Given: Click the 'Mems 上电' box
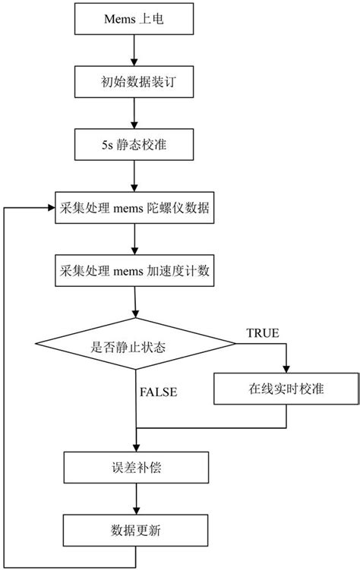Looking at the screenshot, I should click(134, 18).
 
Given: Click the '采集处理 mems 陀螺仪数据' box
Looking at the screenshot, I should click(134, 209).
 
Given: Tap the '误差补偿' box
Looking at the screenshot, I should click(134, 468).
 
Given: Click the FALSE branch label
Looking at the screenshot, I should click(159, 392).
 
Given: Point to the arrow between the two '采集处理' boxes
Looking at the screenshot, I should click(134, 241).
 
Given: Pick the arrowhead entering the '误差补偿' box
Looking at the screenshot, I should click(135, 449).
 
